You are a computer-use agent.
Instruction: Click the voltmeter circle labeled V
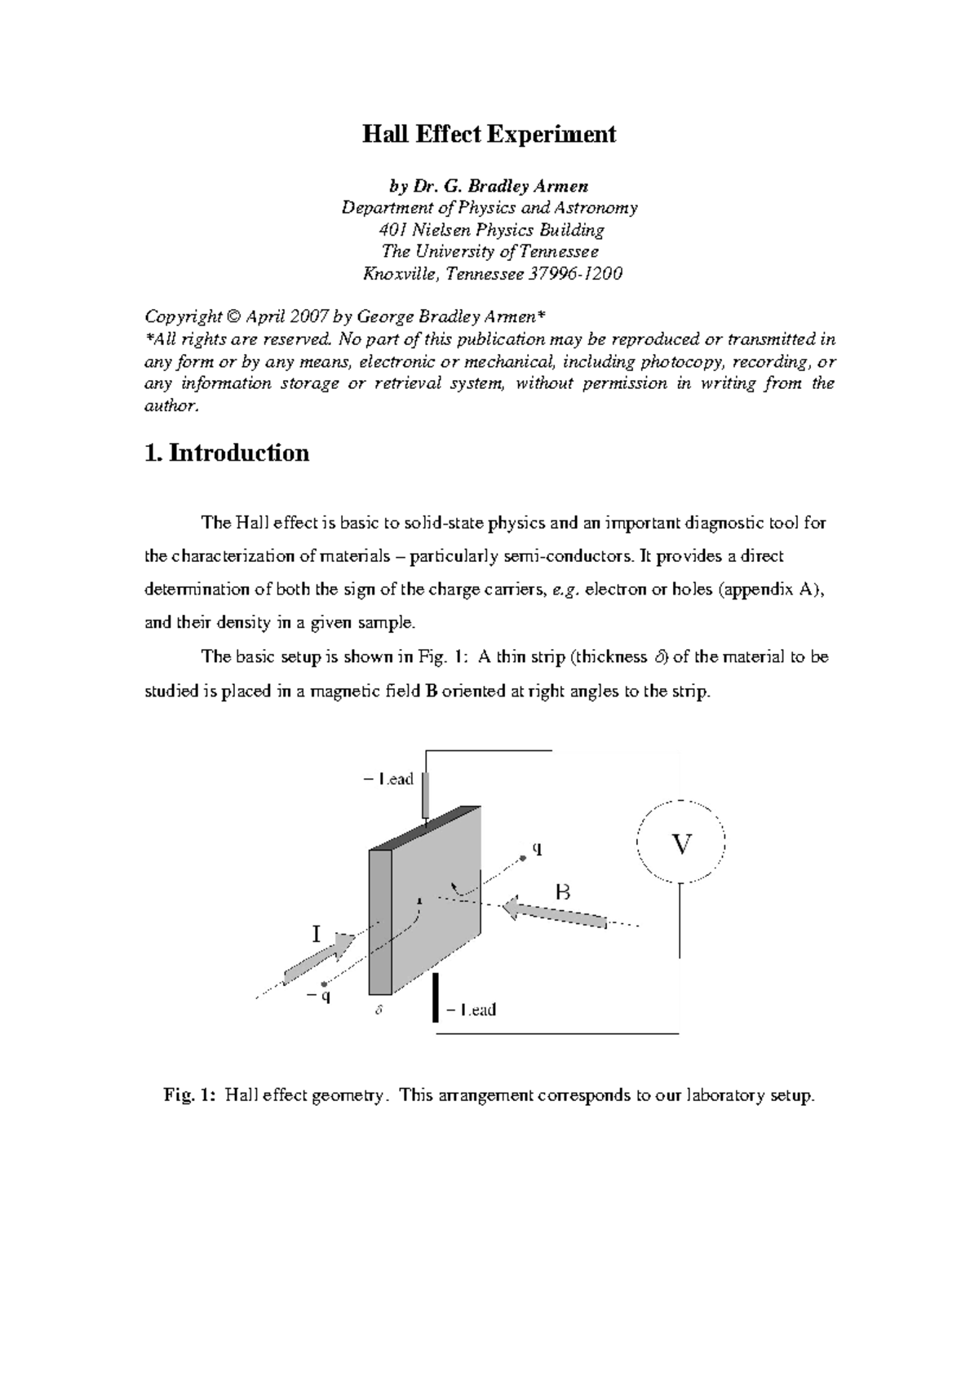(x=680, y=843)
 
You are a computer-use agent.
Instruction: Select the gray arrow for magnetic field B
(x=555, y=913)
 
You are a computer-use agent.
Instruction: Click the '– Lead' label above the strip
(x=388, y=780)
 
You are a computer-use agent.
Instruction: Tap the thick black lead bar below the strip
(x=436, y=997)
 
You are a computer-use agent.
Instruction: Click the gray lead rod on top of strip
(x=425, y=796)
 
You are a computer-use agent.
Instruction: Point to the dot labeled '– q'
(x=326, y=984)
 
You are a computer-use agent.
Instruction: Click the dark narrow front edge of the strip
(x=381, y=922)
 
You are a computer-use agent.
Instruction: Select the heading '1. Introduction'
(x=226, y=453)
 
